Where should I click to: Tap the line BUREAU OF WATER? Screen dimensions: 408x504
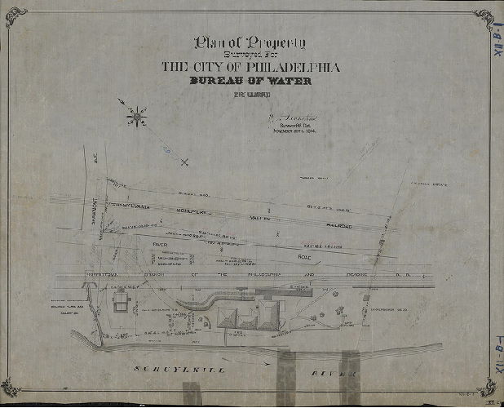click(250, 82)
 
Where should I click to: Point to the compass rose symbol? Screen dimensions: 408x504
click(136, 117)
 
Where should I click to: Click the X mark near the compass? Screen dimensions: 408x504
click(184, 162)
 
